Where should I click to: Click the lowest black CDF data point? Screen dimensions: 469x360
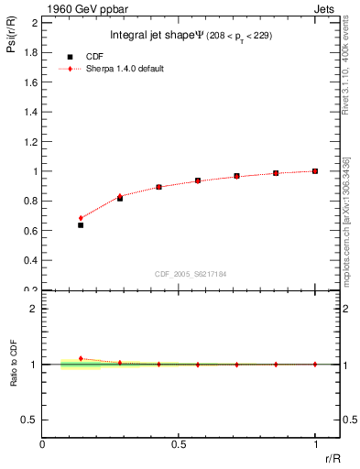pyautogui.click(x=81, y=224)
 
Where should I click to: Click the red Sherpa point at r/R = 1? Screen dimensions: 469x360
pyautogui.click(x=314, y=171)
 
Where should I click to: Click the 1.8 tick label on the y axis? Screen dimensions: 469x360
pyautogui.click(x=29, y=52)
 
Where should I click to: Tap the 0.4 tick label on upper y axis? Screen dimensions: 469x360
pyautogui.click(x=29, y=260)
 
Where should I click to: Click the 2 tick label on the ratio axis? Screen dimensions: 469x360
pyautogui.click(x=35, y=309)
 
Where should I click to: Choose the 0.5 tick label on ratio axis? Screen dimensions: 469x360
pyautogui.click(x=30, y=420)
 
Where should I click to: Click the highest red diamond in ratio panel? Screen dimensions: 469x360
pyautogui.click(x=81, y=358)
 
